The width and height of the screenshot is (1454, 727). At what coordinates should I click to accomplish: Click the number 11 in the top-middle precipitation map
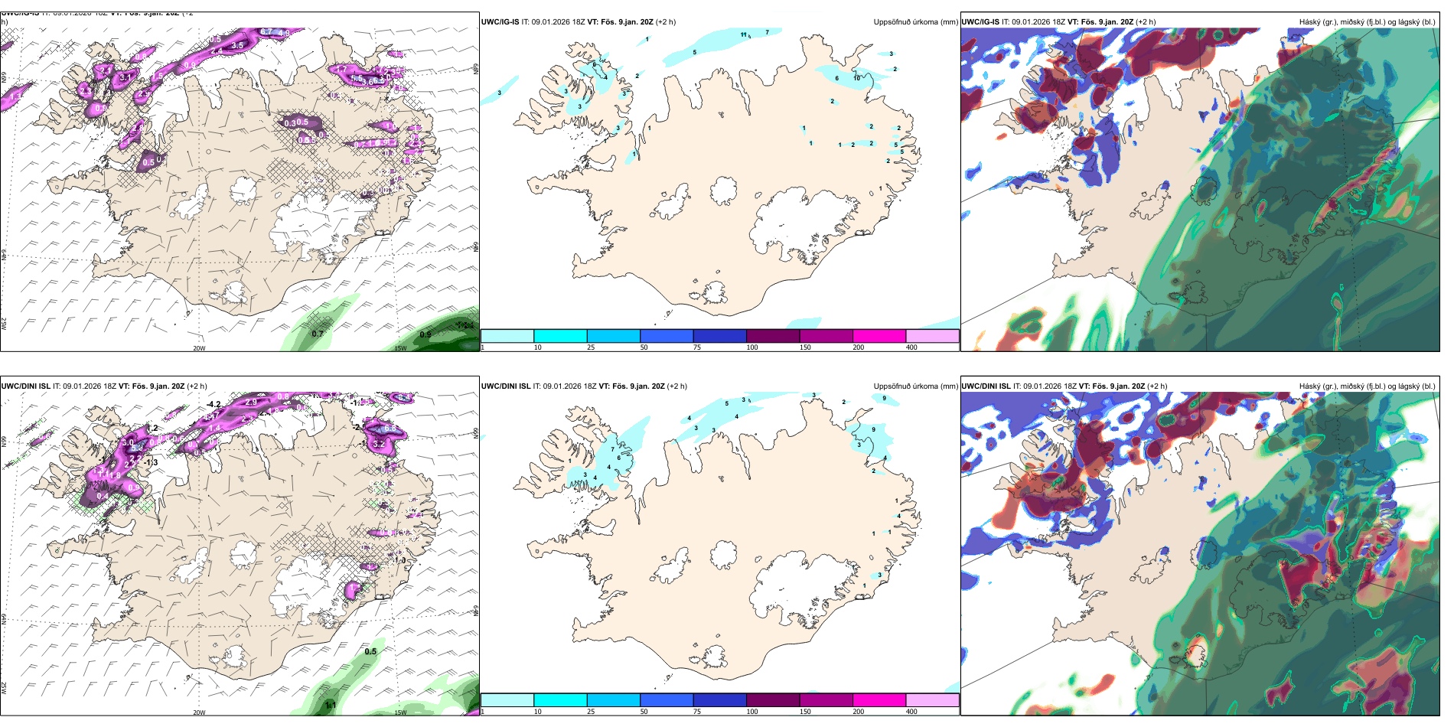coord(744,34)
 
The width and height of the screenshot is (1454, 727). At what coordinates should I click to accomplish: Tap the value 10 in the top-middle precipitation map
coord(857,78)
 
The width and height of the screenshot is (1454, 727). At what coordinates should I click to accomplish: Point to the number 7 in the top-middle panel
coord(767,32)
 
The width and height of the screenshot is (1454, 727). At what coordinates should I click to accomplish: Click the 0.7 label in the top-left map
coord(318,334)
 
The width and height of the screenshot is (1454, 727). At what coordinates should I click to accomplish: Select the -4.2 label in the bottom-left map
coord(214,404)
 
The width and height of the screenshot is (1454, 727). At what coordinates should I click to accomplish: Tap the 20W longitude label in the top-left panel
coord(199,348)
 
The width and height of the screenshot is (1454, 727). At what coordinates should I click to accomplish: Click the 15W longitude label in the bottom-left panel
coord(399,712)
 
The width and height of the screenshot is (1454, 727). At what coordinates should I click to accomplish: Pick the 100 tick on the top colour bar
coord(752,347)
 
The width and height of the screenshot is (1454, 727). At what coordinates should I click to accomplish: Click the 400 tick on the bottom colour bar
coord(911,712)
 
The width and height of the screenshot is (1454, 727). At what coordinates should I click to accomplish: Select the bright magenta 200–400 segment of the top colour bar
coord(879,336)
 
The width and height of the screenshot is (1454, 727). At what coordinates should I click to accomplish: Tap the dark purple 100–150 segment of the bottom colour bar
coord(772,700)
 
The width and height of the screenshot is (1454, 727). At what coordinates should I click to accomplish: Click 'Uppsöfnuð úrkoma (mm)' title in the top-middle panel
coord(915,22)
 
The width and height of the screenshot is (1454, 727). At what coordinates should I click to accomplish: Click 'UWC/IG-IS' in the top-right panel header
coord(980,22)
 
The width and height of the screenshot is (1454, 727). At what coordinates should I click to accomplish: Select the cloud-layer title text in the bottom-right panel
coord(1367,386)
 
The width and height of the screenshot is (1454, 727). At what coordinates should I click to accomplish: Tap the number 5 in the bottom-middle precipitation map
coord(727,403)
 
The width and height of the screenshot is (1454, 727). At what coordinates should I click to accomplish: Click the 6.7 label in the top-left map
coord(266,31)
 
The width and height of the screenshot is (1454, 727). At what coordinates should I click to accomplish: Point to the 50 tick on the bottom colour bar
coord(644,712)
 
